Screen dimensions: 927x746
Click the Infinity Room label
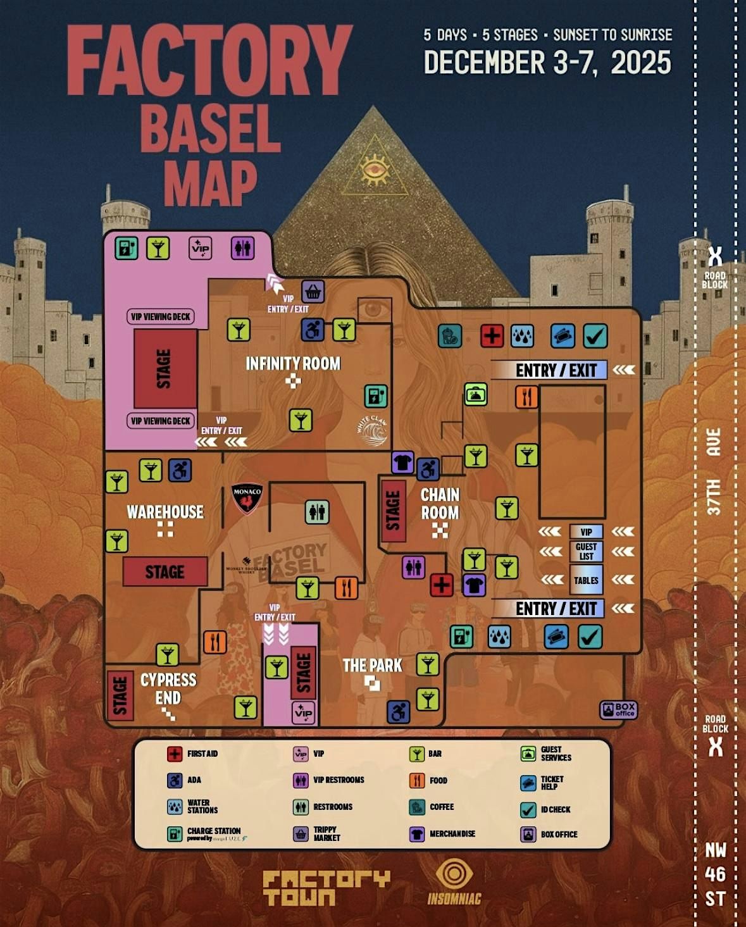tap(293, 364)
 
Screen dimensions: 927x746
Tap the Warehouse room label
tap(165, 512)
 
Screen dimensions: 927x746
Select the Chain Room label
tap(440, 504)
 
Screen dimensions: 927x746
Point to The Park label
tap(372, 666)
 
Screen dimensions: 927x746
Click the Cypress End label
tap(168, 688)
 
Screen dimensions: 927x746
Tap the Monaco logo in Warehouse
tap(247, 498)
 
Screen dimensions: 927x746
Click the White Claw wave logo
tap(372, 431)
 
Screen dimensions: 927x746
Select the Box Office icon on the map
tap(618, 710)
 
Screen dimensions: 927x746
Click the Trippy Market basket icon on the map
tap(313, 292)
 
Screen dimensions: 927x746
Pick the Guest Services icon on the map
tap(475, 394)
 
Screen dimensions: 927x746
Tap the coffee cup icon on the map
tap(449, 335)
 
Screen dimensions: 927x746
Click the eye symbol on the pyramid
tap(375, 169)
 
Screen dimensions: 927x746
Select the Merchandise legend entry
tap(443, 834)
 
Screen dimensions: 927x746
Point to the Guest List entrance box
tap(586, 551)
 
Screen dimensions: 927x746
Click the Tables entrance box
tap(586, 580)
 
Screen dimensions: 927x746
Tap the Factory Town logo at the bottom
tap(326, 887)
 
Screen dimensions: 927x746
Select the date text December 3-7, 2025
tap(547, 63)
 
